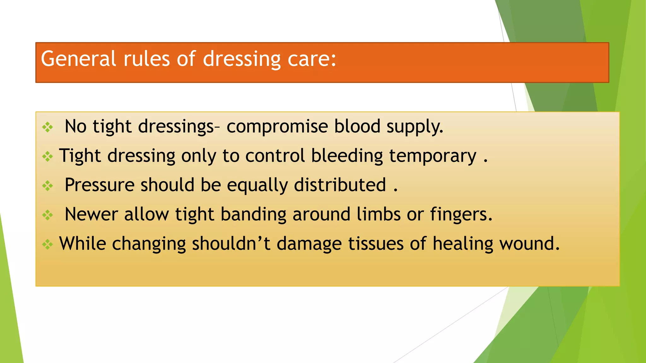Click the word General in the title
(x=79, y=59)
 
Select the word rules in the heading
(x=146, y=59)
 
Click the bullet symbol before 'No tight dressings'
(x=48, y=127)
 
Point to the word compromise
(x=277, y=127)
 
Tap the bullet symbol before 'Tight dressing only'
(x=48, y=157)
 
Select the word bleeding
(x=347, y=156)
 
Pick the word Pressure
(x=99, y=185)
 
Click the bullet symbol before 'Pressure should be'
(x=48, y=186)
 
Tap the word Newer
(x=91, y=214)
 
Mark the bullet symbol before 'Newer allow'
(x=48, y=215)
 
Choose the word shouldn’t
(x=231, y=244)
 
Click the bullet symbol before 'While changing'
(x=48, y=245)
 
